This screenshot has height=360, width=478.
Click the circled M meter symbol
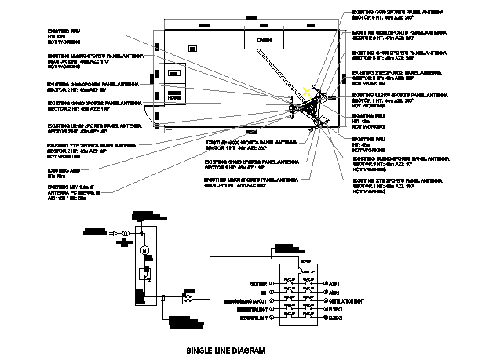tap(144, 249)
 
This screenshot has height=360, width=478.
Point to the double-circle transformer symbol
tap(123, 233)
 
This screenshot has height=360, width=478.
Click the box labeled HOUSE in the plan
tap(174, 96)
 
